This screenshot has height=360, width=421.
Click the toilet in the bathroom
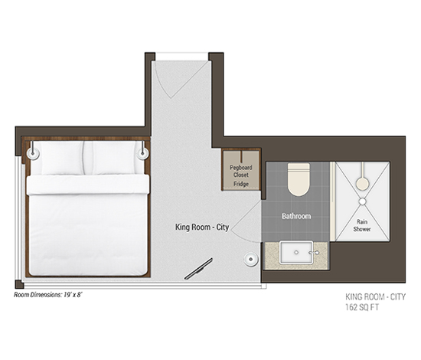(299, 179)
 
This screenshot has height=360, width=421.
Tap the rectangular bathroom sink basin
(296, 253)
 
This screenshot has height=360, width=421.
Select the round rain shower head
(363, 184)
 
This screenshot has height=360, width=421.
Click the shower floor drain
(363, 201)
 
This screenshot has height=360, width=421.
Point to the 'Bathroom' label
(296, 216)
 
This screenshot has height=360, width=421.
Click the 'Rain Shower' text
(362, 225)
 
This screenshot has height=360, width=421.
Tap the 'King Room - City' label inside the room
(202, 227)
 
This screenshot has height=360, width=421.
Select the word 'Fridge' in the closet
(241, 184)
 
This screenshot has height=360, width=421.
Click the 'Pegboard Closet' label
(241, 171)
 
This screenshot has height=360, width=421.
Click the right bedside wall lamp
(142, 153)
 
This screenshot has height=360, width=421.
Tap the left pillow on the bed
(62, 158)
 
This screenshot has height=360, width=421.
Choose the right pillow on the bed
(113, 158)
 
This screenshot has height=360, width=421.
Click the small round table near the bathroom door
(251, 259)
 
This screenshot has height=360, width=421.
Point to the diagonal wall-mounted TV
(198, 269)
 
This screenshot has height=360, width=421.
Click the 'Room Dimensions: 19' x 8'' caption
(47, 295)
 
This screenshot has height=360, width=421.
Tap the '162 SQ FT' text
(362, 307)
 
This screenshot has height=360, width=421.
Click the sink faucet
(314, 253)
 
